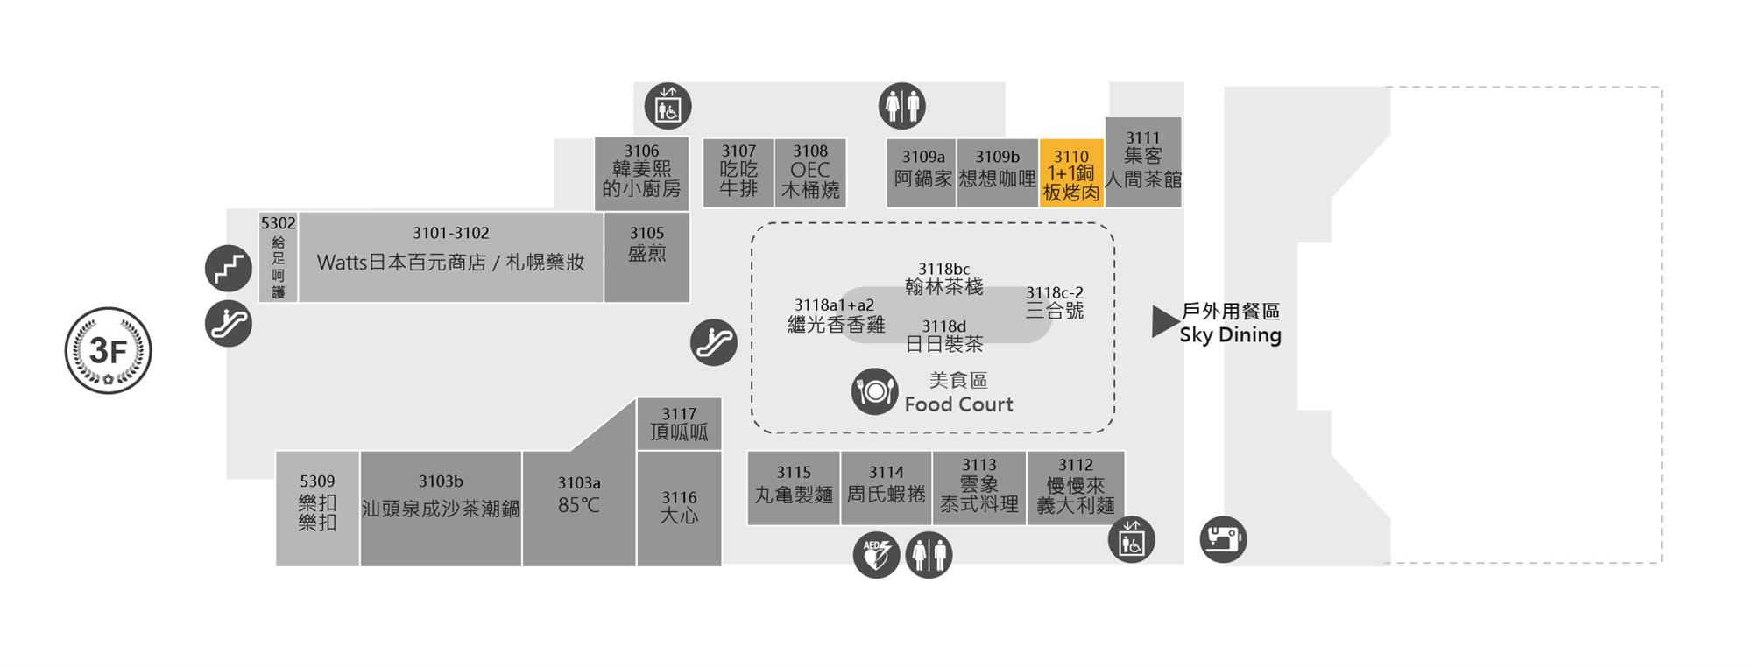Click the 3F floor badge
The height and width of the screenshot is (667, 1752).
pyautogui.click(x=109, y=351)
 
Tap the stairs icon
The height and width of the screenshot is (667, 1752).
pyautogui.click(x=229, y=268)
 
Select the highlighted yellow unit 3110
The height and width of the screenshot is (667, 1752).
pyautogui.click(x=1070, y=173)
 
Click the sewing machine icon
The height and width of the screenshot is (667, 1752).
pyautogui.click(x=1223, y=538)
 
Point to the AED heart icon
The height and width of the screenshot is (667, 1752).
pyautogui.click(x=876, y=555)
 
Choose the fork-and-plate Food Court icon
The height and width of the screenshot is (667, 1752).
pyautogui.click(x=874, y=391)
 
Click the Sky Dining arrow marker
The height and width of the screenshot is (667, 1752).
pyautogui.click(x=1164, y=322)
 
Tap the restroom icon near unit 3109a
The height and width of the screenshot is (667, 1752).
pyautogui.click(x=901, y=107)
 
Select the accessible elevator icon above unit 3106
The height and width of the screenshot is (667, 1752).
pyautogui.click(x=668, y=107)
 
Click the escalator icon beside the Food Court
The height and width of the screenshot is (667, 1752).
pyautogui.click(x=714, y=342)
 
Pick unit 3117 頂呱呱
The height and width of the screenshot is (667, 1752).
pyautogui.click(x=679, y=424)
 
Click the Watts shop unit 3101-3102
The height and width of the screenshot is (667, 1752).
pyautogui.click(x=450, y=256)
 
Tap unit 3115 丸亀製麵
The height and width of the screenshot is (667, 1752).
pyautogui.click(x=793, y=488)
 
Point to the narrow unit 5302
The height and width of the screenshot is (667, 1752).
pyautogui.click(x=278, y=256)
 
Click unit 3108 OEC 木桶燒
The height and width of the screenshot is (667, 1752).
pyautogui.click(x=809, y=172)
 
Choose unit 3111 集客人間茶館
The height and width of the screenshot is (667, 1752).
pyautogui.click(x=1142, y=162)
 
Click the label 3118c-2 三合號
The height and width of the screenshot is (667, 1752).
pyautogui.click(x=1055, y=302)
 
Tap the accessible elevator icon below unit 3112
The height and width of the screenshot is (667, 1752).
pyautogui.click(x=1131, y=539)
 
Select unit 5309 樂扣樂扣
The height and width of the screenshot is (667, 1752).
pyautogui.click(x=317, y=508)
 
